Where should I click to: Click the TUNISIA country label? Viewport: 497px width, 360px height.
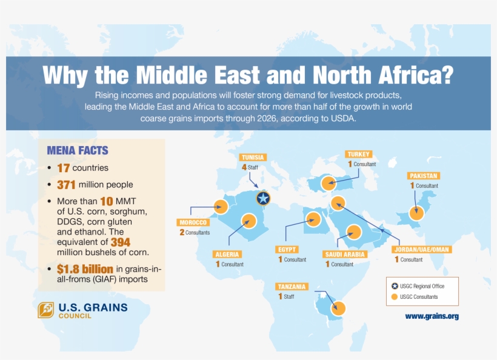pyautogui.click(x=253, y=157)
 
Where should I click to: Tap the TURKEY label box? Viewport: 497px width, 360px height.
pyautogui.click(x=359, y=154)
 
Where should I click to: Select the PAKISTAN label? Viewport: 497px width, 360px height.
pyautogui.click(x=423, y=176)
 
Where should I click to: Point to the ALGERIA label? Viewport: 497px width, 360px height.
pyautogui.click(x=227, y=255)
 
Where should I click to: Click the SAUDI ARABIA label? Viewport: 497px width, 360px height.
pyautogui.click(x=344, y=255)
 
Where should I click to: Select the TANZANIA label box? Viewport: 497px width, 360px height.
pyautogui.click(x=291, y=286)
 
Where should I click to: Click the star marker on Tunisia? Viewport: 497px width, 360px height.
pyautogui.click(x=262, y=198)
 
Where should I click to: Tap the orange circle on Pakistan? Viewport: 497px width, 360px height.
pyautogui.click(x=416, y=213)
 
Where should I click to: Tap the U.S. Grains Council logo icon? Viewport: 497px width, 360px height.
pyautogui.click(x=46, y=310)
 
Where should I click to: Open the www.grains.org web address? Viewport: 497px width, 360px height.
pyautogui.click(x=432, y=316)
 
